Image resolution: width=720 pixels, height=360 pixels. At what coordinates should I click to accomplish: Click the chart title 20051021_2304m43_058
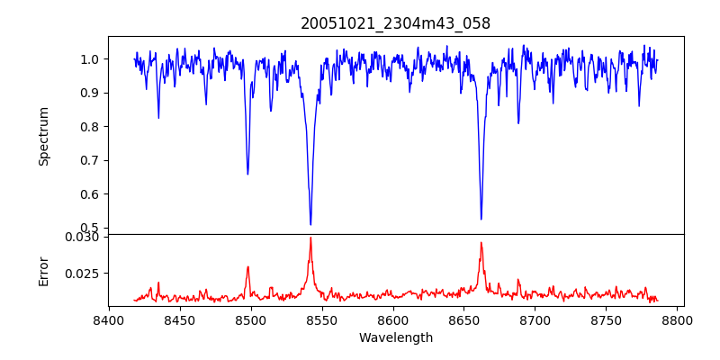coord(396,23)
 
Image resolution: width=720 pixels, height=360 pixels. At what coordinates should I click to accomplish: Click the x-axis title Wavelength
coord(396,338)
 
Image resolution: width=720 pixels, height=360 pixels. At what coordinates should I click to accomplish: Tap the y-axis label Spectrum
coord(44,136)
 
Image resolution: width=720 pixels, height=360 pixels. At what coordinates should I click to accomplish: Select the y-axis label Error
coord(44,270)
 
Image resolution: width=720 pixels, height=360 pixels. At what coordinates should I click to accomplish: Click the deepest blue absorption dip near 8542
coord(310,224)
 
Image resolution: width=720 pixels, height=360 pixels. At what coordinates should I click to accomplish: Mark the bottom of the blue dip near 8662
coord(481,219)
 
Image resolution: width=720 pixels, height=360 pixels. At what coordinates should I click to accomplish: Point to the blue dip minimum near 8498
coord(247,174)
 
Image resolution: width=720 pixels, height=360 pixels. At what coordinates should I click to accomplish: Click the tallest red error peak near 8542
coord(310,238)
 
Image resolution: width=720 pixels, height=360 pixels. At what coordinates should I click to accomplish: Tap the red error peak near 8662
coord(481,242)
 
